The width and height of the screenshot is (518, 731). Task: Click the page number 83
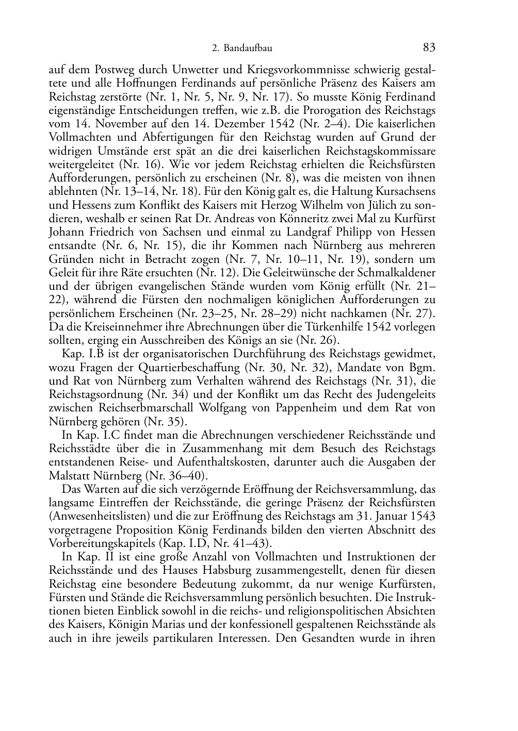click(x=429, y=48)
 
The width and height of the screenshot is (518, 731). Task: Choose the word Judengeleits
click(x=406, y=394)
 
